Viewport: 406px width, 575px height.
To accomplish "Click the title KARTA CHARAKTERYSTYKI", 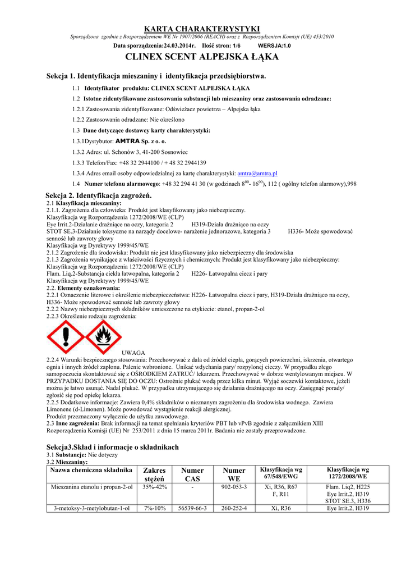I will point(202,28).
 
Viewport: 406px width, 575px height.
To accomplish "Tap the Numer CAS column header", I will point(192,474).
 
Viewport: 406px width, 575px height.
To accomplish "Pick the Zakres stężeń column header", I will point(155,474).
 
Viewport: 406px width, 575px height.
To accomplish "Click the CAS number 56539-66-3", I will point(192,508).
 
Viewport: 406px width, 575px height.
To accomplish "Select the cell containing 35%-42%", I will point(155,486).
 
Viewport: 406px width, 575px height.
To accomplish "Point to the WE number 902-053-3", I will point(234,486).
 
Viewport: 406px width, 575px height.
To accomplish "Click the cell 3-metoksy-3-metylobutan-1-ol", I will point(91,508).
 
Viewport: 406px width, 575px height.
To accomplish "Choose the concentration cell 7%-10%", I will point(155,508).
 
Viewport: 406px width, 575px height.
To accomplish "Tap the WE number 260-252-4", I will point(234,508).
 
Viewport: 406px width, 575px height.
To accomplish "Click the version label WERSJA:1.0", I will point(274,45).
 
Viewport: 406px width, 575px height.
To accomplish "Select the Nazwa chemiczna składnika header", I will point(91,469).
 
